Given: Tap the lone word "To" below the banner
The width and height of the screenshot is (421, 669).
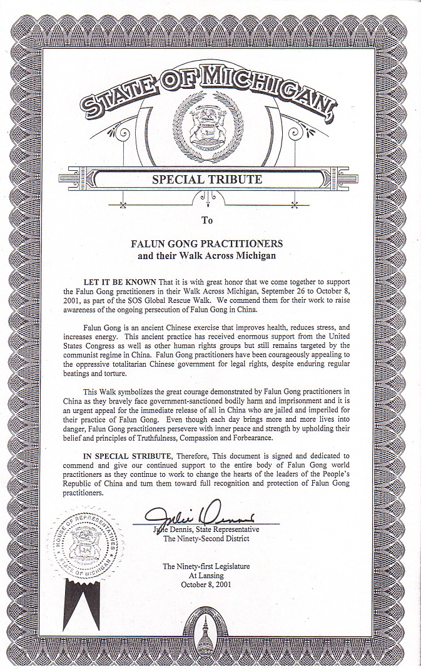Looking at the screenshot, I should (x=207, y=220).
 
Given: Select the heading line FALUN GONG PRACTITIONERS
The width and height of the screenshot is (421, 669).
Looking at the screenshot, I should (x=206, y=243).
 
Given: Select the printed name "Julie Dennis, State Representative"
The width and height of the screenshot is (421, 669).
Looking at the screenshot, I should (x=206, y=529).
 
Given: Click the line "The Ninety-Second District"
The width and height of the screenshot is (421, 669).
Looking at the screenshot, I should (x=206, y=539).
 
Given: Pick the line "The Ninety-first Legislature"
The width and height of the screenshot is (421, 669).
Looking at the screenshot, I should (x=206, y=566).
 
